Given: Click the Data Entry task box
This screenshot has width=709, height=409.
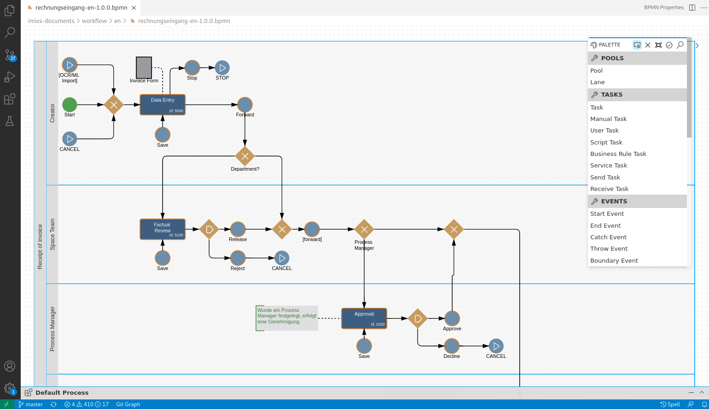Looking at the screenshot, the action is tap(163, 105).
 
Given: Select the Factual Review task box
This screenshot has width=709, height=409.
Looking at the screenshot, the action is tap(163, 229).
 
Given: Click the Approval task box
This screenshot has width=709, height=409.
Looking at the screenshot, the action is tap(364, 318).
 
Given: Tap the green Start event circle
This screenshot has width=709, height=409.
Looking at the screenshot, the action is tap(70, 105).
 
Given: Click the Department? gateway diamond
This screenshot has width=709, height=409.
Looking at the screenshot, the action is tap(244, 156).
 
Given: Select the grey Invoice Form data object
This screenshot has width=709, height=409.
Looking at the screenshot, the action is tap(144, 67).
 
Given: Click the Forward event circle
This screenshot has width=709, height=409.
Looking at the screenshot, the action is tap(244, 105).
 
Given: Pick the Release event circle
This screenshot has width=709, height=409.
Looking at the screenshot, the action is tap(238, 229).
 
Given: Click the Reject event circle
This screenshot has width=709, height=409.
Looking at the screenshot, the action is tap(238, 258).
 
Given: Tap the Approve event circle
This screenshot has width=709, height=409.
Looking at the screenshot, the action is tap(452, 318).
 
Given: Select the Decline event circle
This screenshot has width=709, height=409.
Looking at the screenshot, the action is tap(452, 346).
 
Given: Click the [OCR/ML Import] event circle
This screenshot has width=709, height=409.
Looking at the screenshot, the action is tap(70, 65).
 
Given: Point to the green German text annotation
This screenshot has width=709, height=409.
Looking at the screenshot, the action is tap(287, 318).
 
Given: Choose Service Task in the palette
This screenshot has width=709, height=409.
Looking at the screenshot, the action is tap(608, 166).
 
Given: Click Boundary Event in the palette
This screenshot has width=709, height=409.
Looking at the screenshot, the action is tap(614, 261).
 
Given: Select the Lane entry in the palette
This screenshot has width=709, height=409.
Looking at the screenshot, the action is tap(597, 82).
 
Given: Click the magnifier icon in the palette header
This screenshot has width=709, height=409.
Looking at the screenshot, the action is tap(680, 45).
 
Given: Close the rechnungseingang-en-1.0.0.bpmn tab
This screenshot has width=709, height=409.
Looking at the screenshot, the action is tap(134, 8).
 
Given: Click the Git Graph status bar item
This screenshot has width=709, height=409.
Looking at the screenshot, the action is tap(128, 404).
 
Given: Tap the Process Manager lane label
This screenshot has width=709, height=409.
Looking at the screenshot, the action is tap(52, 329).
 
